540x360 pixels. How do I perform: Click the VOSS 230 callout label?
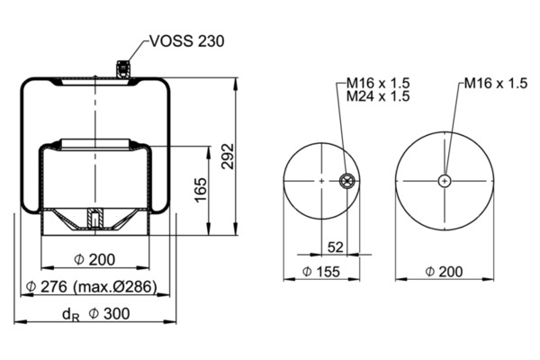(187, 41)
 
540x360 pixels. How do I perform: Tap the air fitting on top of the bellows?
(123, 69)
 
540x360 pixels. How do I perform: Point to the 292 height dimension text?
(228, 156)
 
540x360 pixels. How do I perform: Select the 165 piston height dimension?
(201, 190)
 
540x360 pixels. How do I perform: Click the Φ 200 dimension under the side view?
(94, 259)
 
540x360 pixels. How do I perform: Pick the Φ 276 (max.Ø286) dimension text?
(92, 286)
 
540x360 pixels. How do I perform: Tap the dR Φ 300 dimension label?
(96, 314)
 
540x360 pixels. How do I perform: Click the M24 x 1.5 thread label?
(378, 96)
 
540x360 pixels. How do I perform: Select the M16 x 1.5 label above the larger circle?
(496, 83)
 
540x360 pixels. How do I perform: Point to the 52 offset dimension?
(335, 247)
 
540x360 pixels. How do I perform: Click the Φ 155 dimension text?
(321, 272)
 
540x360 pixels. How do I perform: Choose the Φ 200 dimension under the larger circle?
(444, 272)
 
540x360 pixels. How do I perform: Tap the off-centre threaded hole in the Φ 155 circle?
(346, 181)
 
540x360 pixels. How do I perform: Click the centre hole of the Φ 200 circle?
(445, 181)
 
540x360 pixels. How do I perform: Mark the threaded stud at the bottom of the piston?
(94, 218)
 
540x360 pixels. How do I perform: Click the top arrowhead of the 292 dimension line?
(236, 84)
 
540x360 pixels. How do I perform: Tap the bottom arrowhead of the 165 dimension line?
(209, 229)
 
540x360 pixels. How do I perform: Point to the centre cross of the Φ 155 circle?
(321, 181)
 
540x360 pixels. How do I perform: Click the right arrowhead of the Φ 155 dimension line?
(354, 279)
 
